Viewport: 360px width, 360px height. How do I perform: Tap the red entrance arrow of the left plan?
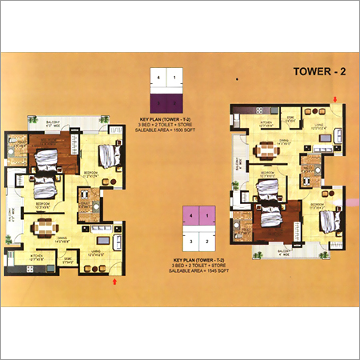(118, 281)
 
